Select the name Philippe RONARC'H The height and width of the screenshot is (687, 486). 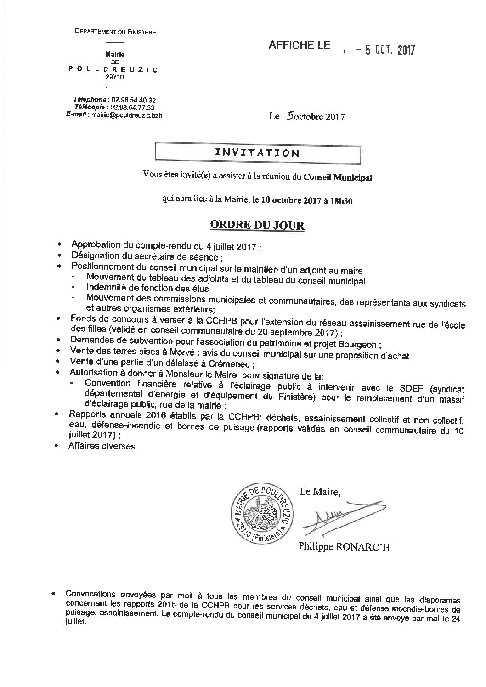tap(344, 547)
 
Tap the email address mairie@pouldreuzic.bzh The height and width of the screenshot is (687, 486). tap(126, 115)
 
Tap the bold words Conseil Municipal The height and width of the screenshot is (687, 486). tap(338, 177)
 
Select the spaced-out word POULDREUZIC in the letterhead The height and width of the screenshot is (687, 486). tap(113, 69)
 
